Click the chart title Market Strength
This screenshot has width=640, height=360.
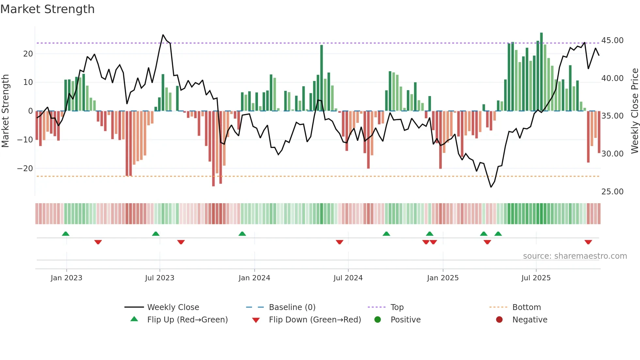[47, 9]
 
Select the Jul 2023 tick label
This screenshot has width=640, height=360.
[160, 278]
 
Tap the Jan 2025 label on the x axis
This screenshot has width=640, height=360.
[442, 278]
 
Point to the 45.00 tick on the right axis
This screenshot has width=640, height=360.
[612, 41]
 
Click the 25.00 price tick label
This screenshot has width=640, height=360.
[612, 192]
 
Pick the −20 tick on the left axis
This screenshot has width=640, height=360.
[25, 169]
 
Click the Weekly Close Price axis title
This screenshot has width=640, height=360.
[634, 111]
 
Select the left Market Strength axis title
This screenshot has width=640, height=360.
[5, 111]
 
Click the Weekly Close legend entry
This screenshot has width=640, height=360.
[173, 307]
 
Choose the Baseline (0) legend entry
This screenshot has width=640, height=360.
[292, 307]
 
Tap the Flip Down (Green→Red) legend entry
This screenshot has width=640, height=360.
[314, 320]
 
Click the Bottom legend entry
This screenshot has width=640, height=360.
[526, 307]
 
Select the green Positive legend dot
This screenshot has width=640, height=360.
[377, 320]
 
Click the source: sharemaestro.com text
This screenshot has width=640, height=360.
[575, 256]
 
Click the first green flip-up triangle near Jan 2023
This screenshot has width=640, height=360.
[66, 234]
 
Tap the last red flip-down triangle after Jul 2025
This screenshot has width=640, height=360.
[588, 242]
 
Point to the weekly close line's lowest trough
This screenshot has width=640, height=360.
[491, 187]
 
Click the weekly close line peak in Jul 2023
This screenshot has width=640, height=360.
[163, 35]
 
